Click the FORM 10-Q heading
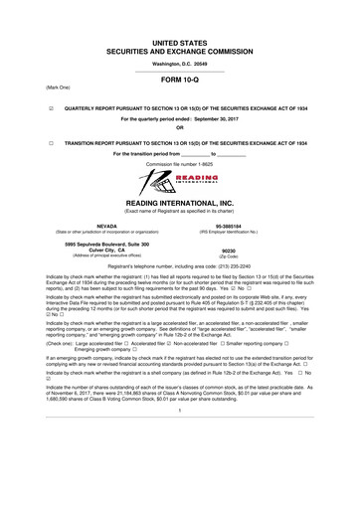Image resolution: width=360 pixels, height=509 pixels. click(x=179, y=84)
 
